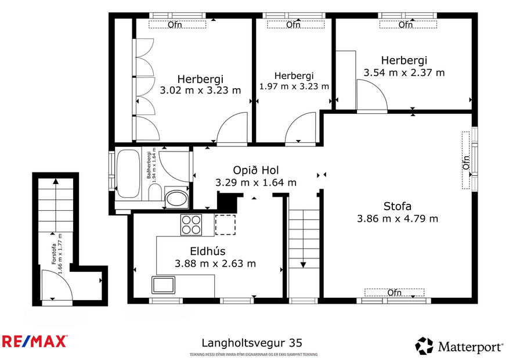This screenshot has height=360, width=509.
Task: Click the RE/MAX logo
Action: click(35, 341)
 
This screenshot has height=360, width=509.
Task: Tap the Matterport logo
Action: click(459, 347)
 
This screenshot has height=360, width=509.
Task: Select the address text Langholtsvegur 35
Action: click(251, 343)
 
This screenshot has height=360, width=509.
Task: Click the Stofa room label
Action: click(397, 206)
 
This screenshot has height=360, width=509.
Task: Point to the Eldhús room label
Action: click(208, 251)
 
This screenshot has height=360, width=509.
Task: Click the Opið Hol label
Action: click(255, 170)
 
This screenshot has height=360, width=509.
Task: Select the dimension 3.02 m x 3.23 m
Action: click(200, 90)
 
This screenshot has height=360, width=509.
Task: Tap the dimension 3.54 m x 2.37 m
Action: click(404, 73)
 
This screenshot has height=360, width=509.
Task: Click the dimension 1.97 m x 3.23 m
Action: click(294, 87)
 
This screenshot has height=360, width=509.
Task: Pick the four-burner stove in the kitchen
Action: click(191, 224)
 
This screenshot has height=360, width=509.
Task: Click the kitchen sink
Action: click(164, 285)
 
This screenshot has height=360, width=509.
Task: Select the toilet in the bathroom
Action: click(176, 199)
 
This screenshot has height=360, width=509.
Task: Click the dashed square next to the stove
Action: click(225, 224)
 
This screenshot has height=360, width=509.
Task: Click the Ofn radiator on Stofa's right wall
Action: click(465, 160)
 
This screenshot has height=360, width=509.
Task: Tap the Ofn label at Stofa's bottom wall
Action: click(395, 292)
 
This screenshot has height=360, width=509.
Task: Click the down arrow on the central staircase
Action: click(303, 264)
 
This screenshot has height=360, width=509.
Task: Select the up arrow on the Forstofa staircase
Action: click(55, 183)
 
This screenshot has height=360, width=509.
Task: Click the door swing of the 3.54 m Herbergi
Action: click(371, 95)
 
